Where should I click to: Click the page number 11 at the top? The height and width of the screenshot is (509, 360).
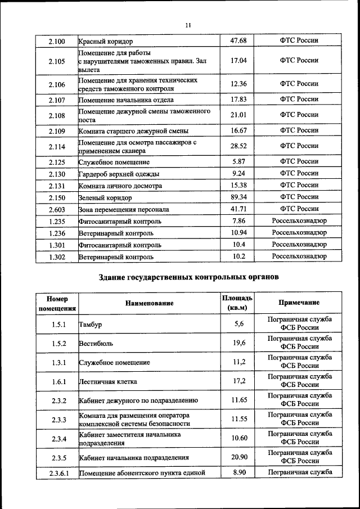tap(188, 24)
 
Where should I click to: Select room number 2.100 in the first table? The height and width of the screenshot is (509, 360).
tap(57, 41)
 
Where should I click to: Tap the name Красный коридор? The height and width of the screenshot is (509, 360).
tap(106, 42)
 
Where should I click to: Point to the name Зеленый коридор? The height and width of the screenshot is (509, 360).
tap(106, 198)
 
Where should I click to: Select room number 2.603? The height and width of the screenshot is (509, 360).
tap(57, 209)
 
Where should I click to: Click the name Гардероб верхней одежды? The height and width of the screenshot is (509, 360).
tap(119, 174)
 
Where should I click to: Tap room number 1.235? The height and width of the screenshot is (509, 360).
tap(57, 221)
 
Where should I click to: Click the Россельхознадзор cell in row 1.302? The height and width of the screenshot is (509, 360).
tap(299, 256)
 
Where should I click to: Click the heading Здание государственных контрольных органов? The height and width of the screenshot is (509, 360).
tap(188, 277)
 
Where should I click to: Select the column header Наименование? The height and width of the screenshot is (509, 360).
tap(149, 303)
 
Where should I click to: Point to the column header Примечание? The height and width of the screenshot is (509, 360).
tap(299, 303)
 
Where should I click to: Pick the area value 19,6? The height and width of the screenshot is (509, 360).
tap(239, 343)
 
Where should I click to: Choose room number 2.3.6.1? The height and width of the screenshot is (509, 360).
tap(57, 474)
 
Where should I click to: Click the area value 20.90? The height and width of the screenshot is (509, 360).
tap(239, 457)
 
